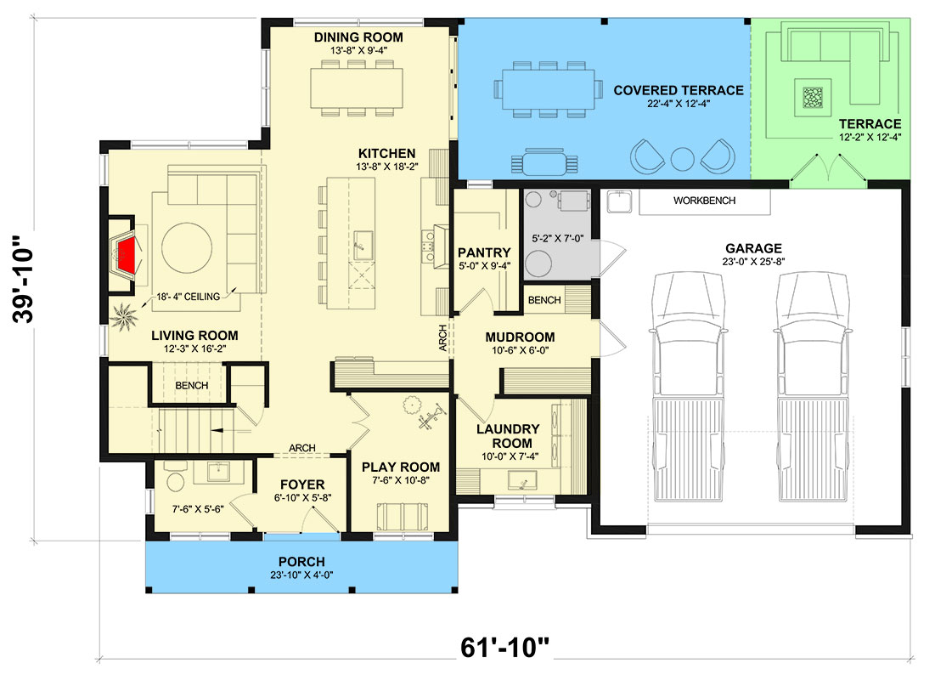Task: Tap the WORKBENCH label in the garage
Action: pos(704,201)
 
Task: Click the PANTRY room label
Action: pos(484,252)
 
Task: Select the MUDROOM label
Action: pos(520,337)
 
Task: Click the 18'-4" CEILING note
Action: pos(189,297)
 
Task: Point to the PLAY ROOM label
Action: pos(401,467)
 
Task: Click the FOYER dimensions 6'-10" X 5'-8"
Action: pos(301,499)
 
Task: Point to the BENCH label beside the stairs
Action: pos(191,385)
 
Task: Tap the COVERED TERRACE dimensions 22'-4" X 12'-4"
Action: pos(678,105)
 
